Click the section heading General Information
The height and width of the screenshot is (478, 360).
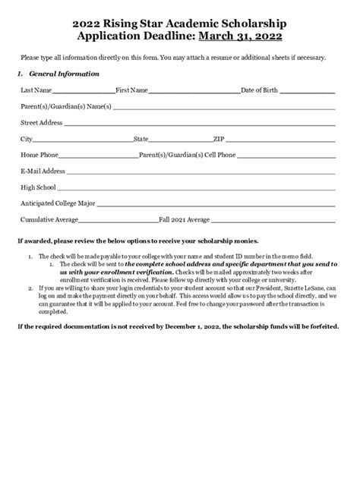tap(64, 74)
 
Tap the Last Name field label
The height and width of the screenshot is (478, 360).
tap(36, 90)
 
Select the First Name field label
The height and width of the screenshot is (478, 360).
tap(131, 90)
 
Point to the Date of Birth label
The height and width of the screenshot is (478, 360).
tap(264, 90)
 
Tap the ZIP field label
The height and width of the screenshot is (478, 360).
tap(239, 139)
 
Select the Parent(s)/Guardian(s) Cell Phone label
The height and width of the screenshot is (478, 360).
tap(186, 155)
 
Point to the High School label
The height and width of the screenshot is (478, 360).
tap(38, 187)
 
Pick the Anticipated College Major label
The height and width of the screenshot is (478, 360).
tap(57, 203)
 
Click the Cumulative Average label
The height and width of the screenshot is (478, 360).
tap(49, 219)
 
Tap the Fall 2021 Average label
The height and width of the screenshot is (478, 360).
tap(184, 219)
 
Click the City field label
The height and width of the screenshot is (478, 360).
tap(27, 139)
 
